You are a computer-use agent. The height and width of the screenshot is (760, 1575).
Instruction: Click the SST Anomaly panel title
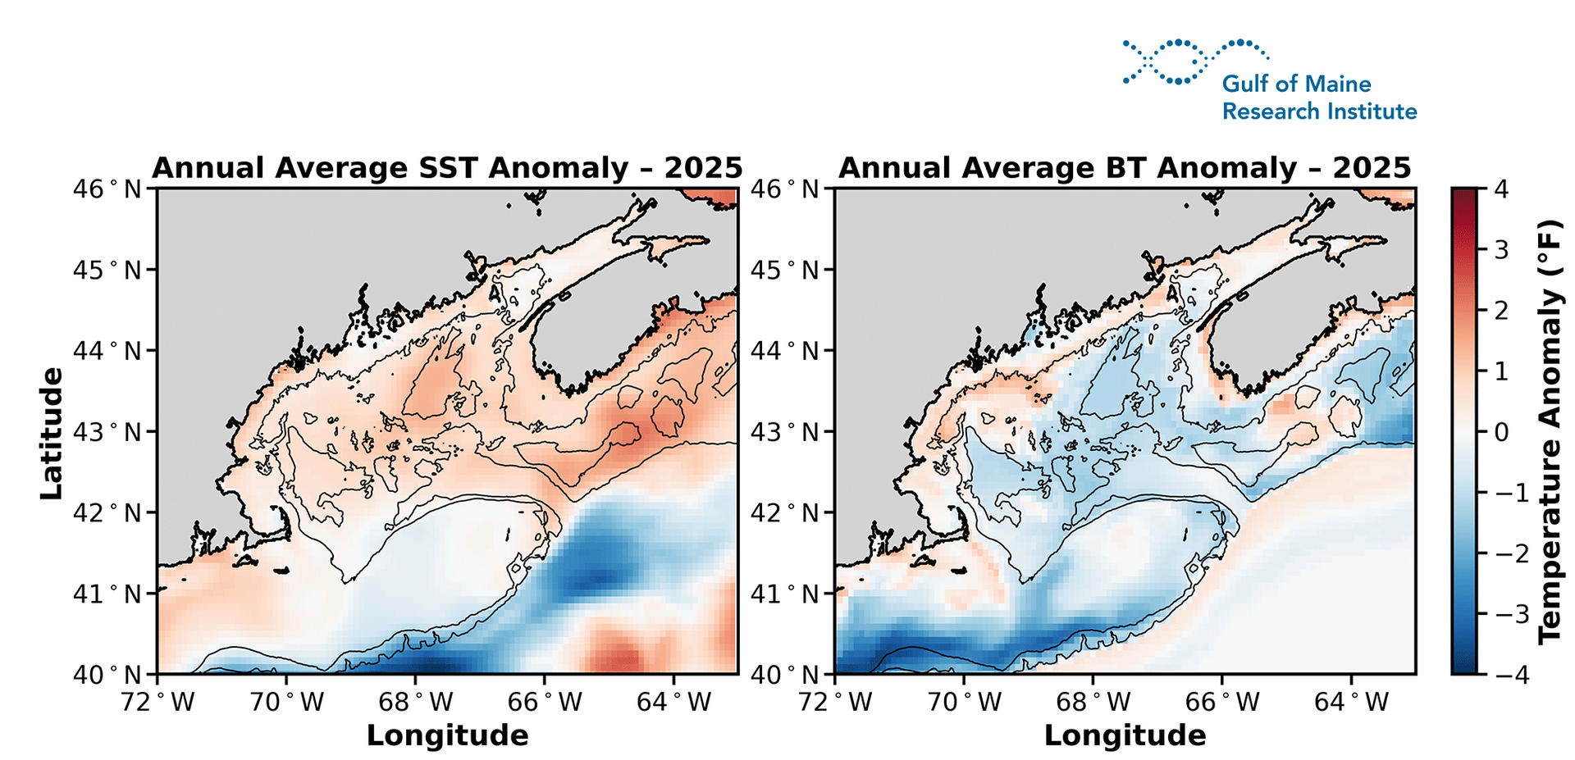pos(447,168)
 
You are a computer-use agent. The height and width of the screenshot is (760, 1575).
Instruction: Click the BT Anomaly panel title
pos(1125,168)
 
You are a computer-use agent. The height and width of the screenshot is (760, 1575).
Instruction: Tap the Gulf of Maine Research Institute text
pos(1319,98)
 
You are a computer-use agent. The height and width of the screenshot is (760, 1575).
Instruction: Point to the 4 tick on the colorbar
pos(1501,189)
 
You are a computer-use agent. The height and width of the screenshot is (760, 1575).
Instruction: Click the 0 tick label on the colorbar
pos(1501,432)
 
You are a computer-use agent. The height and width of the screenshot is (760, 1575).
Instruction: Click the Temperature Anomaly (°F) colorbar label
pos(1550,432)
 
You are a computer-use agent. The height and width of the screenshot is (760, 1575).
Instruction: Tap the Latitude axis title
pos(51,432)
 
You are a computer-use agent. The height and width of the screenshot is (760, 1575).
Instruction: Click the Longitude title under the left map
pos(447,735)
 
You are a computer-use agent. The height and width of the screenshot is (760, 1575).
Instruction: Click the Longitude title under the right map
pos(1125,735)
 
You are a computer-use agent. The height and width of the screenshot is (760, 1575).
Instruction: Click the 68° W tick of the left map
pos(416,703)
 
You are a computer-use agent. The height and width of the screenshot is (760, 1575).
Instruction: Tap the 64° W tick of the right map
pos(1352,703)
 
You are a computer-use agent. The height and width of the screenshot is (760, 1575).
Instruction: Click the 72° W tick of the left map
pos(157,703)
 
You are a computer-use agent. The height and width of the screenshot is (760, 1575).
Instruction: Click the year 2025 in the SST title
pos(703,168)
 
